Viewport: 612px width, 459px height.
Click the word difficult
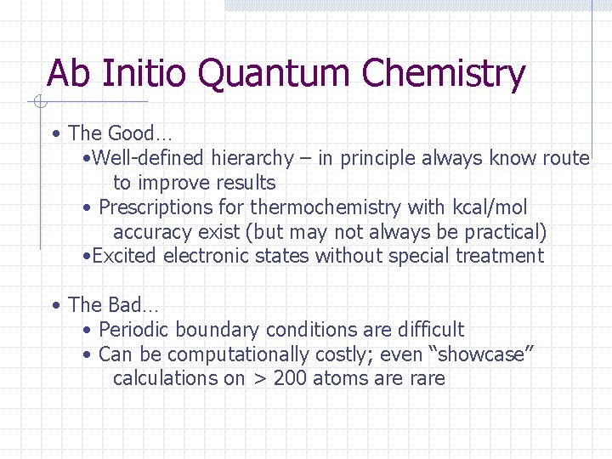click(x=430, y=330)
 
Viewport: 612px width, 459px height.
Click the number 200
click(x=292, y=379)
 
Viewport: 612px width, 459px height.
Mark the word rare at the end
click(x=427, y=379)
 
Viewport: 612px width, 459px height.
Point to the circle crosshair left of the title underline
click(x=39, y=103)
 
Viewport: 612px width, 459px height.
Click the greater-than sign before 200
click(x=260, y=379)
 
